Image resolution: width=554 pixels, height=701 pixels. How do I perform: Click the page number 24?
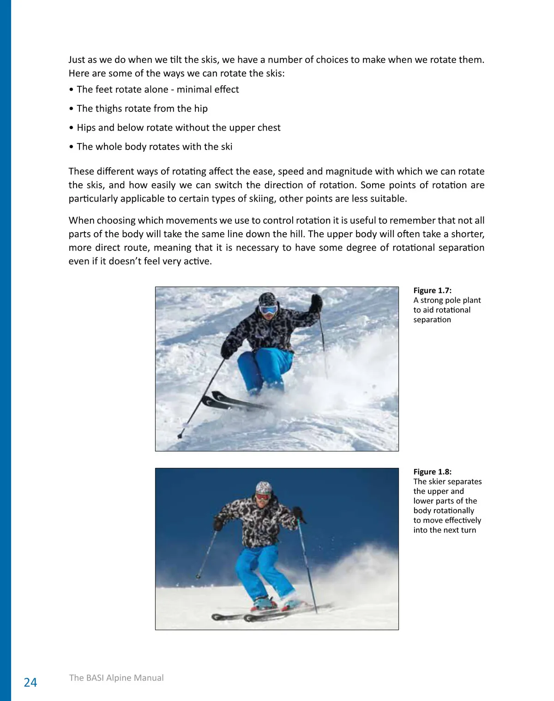[30, 682]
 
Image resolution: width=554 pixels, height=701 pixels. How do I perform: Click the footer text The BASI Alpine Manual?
[116, 677]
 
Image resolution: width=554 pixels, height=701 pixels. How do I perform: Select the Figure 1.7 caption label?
[432, 290]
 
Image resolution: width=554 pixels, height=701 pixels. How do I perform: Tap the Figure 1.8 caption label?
[432, 472]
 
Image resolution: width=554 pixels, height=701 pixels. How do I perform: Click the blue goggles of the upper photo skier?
[268, 310]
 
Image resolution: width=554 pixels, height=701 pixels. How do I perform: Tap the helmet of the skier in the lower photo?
[264, 487]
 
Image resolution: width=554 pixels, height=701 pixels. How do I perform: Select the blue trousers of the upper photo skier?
[265, 369]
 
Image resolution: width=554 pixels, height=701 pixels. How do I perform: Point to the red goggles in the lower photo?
[263, 497]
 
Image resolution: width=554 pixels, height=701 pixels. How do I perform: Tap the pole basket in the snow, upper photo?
[181, 435]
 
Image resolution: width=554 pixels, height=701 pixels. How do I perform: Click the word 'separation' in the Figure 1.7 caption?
[432, 320]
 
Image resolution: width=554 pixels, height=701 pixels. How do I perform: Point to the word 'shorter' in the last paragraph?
[467, 234]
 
